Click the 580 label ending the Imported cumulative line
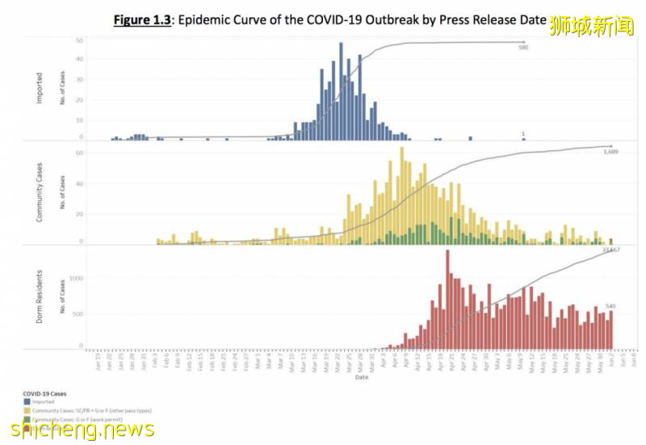[x=523, y=48]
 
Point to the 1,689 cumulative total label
[x=610, y=151]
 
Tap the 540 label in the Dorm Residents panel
[x=610, y=306]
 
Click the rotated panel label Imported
[x=40, y=88]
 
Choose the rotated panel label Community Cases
[x=40, y=192]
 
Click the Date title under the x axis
[x=361, y=376]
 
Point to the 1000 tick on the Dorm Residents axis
[x=75, y=279]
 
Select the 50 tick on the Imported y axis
[x=79, y=40]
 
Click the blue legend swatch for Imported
[x=27, y=401]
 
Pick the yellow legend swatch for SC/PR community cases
[x=27, y=411]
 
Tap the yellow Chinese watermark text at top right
[x=593, y=26]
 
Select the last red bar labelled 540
[x=611, y=330]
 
